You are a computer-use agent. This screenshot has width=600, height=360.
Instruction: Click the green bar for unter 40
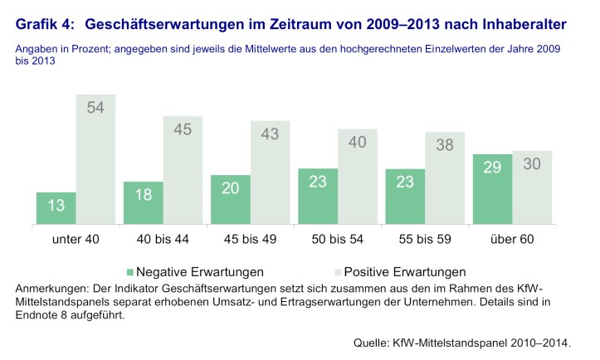click(x=56, y=209)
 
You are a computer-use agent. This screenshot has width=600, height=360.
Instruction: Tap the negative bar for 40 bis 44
click(x=144, y=204)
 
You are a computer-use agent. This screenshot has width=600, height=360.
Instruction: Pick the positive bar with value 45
click(x=183, y=171)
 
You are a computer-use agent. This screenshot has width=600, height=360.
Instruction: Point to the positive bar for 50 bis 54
click(x=358, y=177)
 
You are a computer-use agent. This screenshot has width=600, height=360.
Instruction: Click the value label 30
click(x=532, y=164)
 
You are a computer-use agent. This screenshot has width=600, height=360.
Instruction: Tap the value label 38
click(x=445, y=146)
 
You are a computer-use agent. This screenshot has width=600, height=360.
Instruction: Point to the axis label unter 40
click(x=76, y=240)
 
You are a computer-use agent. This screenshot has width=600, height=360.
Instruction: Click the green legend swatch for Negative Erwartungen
click(x=129, y=271)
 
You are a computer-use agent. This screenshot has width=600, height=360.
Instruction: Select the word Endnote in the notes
click(x=41, y=315)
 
